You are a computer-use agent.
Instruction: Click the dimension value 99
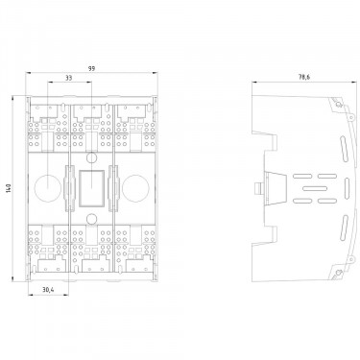click(92, 68)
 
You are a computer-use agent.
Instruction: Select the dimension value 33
click(69, 78)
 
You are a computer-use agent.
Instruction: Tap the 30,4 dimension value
click(48, 290)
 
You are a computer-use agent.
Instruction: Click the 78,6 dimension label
click(304, 77)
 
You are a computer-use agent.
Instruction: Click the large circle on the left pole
click(47, 188)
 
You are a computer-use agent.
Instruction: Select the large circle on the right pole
click(135, 188)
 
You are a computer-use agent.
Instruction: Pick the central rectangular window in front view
click(91, 188)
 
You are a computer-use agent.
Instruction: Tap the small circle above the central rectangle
click(91, 157)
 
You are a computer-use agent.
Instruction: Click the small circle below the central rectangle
click(91, 219)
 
